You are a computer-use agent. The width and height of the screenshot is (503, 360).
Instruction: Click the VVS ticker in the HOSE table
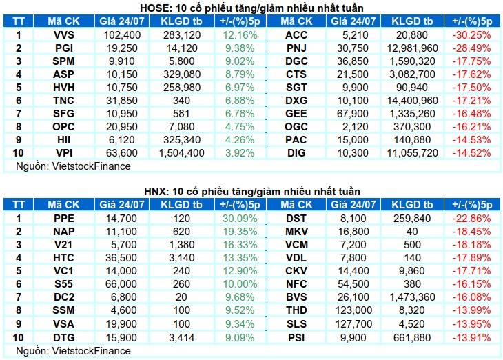(x=64, y=35)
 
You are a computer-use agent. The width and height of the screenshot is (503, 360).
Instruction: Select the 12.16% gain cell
(x=240, y=35)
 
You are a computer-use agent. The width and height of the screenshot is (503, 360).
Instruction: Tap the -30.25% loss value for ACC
(x=471, y=35)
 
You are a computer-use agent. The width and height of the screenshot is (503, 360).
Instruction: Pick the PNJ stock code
(x=296, y=48)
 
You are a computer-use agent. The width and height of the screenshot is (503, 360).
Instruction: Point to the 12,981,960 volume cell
(x=412, y=48)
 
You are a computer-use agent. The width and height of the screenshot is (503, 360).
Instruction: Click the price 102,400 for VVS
(x=122, y=35)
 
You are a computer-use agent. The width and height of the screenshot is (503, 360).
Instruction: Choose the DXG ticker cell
(x=296, y=101)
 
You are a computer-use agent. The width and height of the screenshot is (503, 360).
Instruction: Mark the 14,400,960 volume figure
(x=412, y=101)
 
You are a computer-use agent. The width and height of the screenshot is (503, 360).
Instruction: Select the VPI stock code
(x=64, y=153)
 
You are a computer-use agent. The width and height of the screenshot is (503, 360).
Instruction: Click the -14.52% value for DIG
(x=471, y=153)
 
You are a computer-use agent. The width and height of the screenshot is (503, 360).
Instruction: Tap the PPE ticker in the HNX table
(x=64, y=219)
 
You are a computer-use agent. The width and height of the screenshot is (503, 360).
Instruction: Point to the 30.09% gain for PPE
(x=240, y=219)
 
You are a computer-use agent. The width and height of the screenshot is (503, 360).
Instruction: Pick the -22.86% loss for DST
(x=471, y=219)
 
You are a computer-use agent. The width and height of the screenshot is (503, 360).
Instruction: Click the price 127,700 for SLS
(x=353, y=323)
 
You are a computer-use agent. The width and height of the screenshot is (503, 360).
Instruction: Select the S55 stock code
(x=64, y=284)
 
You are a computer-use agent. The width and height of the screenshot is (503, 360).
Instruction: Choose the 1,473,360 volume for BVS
(x=412, y=297)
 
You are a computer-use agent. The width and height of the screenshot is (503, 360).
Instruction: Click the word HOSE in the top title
(x=154, y=8)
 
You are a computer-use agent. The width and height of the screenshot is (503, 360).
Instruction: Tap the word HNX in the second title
(x=156, y=192)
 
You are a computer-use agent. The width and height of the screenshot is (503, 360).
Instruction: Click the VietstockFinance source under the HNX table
(x=92, y=350)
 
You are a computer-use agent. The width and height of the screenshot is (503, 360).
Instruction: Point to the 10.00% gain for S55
(x=240, y=284)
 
